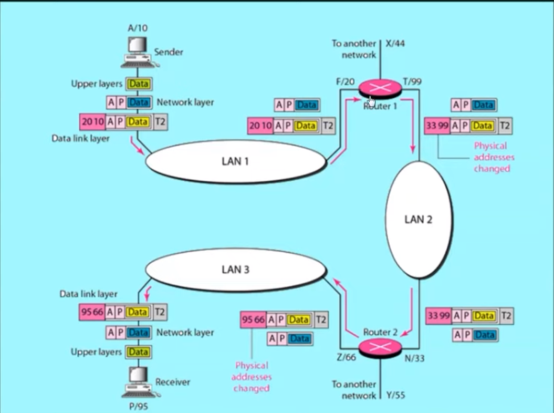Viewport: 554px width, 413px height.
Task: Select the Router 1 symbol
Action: pyautogui.click(x=381, y=89)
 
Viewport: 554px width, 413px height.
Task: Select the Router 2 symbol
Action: pyautogui.click(x=381, y=347)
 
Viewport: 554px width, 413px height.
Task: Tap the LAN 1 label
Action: pyautogui.click(x=235, y=161)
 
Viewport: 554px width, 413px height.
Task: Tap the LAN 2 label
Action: pyautogui.click(x=418, y=220)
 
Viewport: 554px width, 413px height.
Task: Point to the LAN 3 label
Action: pyautogui.click(x=235, y=270)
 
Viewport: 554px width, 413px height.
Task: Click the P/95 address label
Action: pyautogui.click(x=139, y=406)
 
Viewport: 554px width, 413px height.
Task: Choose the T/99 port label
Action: pyautogui.click(x=412, y=81)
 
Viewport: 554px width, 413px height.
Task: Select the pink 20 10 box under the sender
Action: pyautogui.click(x=92, y=122)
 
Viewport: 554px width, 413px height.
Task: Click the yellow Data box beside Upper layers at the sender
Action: pyautogui.click(x=139, y=84)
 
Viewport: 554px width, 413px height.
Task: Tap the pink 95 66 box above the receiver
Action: pyautogui.click(x=92, y=312)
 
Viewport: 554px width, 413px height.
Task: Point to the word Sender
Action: pyautogui.click(x=168, y=53)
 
